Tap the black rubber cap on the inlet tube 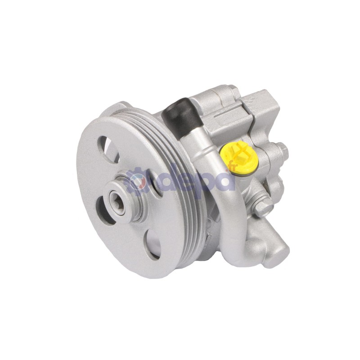181,116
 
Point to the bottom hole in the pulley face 153,243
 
